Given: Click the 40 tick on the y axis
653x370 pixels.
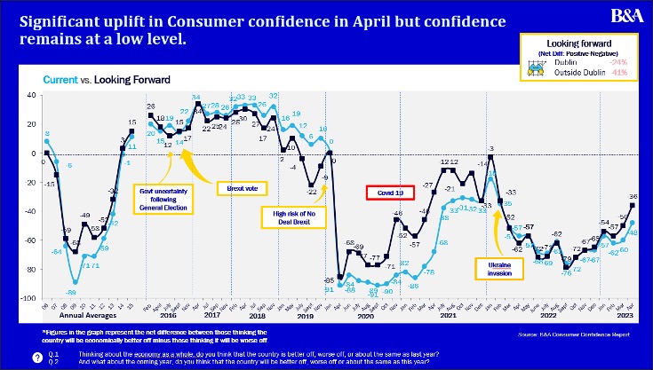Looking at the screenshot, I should (x=31, y=95).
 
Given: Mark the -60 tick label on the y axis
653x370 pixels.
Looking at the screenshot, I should (x=29, y=240).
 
